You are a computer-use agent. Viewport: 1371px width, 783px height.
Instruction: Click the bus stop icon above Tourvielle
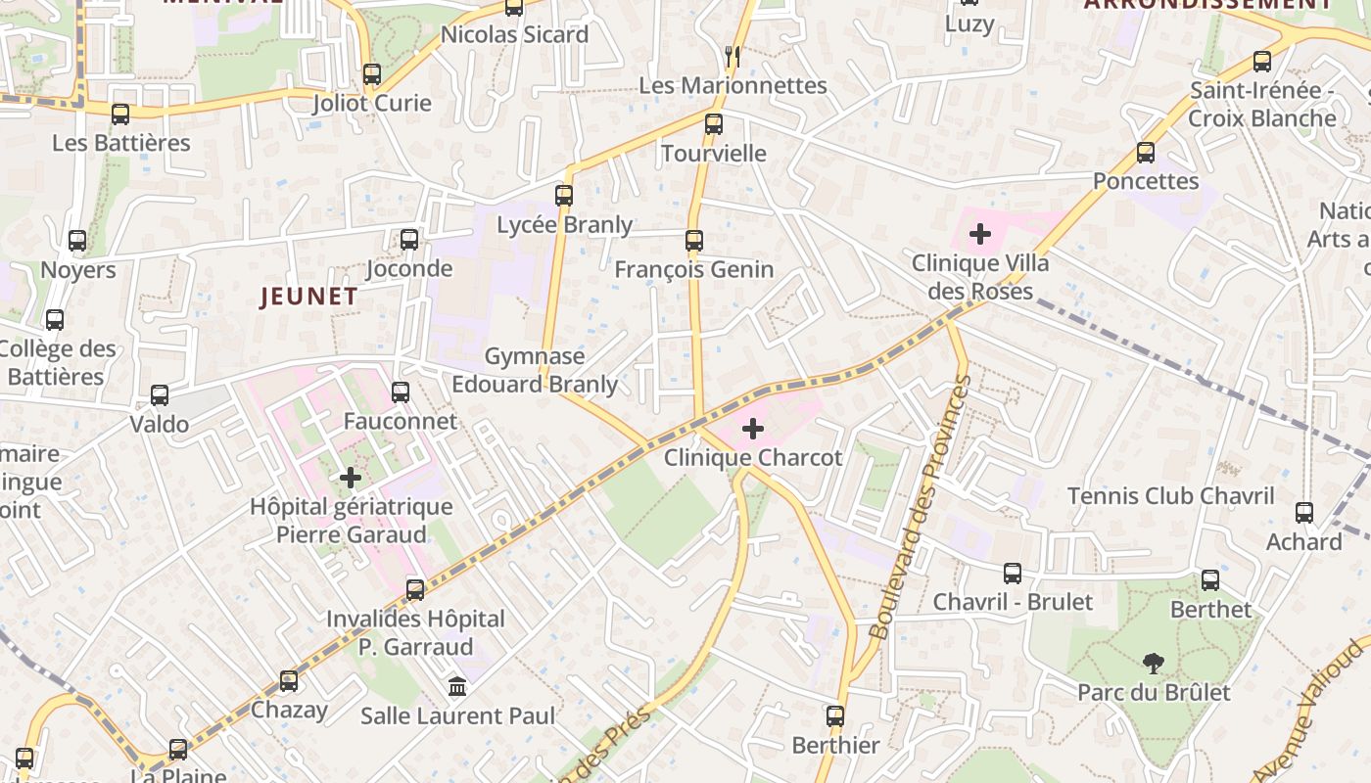714,124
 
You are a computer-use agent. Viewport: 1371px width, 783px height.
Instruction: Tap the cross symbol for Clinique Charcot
753,429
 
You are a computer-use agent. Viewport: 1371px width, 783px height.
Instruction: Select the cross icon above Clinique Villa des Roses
979,234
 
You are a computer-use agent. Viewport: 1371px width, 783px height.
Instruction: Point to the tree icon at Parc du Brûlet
1154,664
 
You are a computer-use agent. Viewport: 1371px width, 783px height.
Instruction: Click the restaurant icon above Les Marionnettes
732,56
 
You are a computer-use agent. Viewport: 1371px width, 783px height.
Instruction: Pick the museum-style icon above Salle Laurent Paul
457,686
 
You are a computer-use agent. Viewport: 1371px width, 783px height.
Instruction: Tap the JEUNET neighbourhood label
308,297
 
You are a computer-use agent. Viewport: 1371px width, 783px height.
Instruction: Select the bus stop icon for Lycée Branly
564,195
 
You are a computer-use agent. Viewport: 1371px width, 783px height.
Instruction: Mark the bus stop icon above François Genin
694,240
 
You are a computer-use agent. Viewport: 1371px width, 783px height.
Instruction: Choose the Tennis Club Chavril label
1170,496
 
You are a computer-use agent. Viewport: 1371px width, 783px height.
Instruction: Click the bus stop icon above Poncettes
1146,153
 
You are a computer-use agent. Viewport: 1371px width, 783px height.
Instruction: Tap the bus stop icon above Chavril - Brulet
1013,573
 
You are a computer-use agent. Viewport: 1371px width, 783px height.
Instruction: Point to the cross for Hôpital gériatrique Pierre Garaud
351,478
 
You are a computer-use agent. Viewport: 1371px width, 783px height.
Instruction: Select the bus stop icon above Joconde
409,239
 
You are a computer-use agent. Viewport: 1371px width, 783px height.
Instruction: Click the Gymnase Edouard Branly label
535,370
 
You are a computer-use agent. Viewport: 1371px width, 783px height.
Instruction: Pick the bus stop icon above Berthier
835,716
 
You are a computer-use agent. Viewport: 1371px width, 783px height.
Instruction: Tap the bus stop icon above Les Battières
120,115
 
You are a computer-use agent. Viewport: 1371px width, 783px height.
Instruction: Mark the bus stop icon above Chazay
289,680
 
